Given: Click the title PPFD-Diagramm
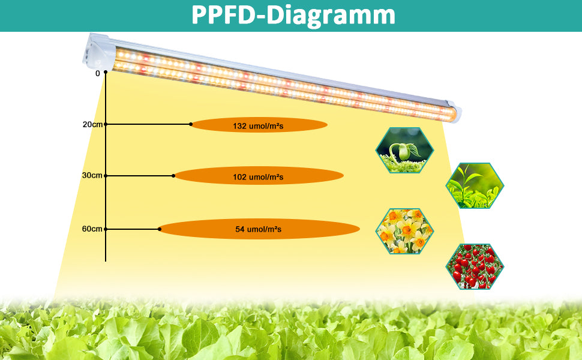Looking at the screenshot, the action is coord(293,15).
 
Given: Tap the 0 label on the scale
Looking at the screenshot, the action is coord(98,73).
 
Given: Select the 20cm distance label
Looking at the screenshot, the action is coord(92,124).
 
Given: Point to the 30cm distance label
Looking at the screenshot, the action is coord(92,175).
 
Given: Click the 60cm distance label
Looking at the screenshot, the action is coord(92,229).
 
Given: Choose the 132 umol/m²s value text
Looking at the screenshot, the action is coord(259,126).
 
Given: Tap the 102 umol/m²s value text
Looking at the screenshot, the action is coord(259,177).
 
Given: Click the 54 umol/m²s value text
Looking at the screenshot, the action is coord(259,229).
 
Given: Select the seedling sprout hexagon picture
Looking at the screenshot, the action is coord(404,151).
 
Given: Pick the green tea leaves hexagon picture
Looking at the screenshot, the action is coord(475,185).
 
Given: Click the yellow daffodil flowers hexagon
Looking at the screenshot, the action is coord(404,231).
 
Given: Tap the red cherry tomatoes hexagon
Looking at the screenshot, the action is coord(475,266).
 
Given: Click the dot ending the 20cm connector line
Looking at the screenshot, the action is coord(191,124).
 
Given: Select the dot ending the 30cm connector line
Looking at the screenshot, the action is coord(173,176).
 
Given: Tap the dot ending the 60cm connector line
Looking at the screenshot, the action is coord(160,229).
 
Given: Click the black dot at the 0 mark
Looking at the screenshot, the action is coord(106,72).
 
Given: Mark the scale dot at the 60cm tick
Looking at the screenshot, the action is coord(106,229).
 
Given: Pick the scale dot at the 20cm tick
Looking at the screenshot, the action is coord(106,124).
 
